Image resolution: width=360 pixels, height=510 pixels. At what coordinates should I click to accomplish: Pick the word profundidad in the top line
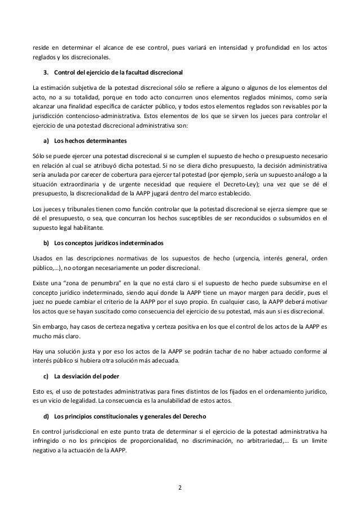262,46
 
